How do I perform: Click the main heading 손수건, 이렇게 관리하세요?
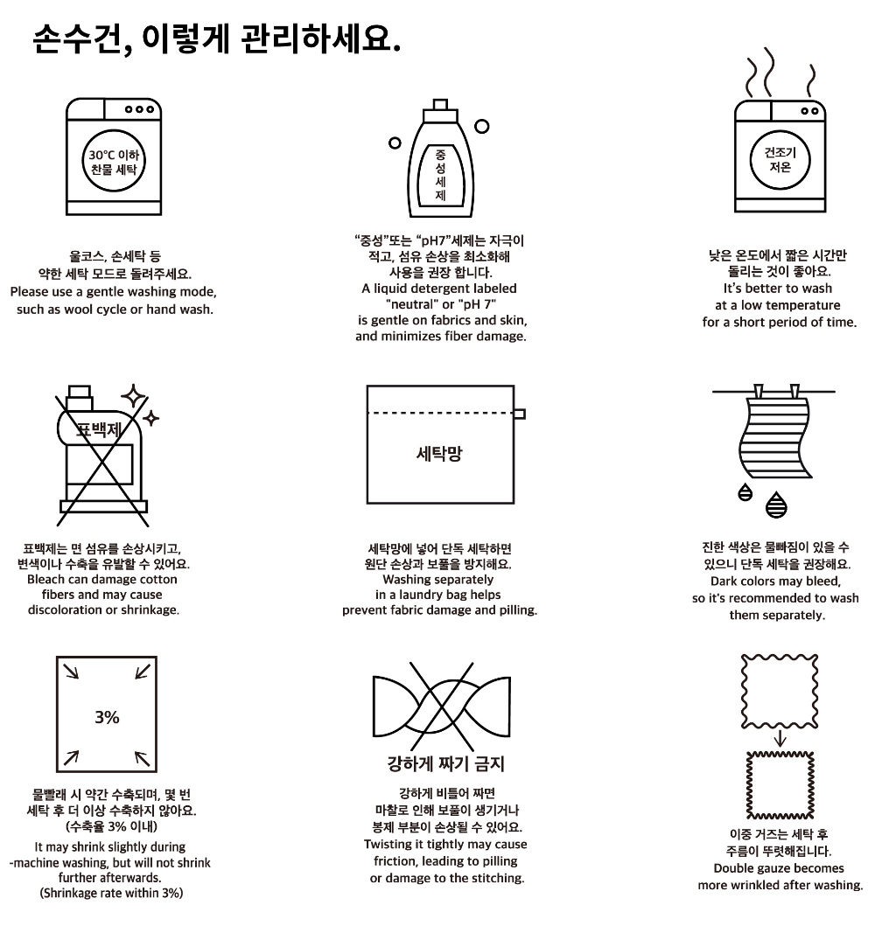[216, 39]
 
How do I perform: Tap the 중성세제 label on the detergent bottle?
[440, 175]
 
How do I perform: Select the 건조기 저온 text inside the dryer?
[780, 159]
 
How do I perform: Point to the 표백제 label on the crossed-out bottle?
[99, 429]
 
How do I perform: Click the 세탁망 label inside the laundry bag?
[439, 453]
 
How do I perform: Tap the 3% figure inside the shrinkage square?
[107, 717]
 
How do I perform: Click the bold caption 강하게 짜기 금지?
[445, 763]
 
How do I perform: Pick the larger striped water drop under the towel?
[776, 505]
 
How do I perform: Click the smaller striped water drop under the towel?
[745, 491]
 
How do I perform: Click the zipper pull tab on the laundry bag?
[520, 414]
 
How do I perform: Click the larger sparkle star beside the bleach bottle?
[134, 397]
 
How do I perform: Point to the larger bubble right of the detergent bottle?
[481, 127]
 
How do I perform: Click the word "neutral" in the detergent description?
[412, 304]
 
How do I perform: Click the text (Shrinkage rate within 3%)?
[111, 894]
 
